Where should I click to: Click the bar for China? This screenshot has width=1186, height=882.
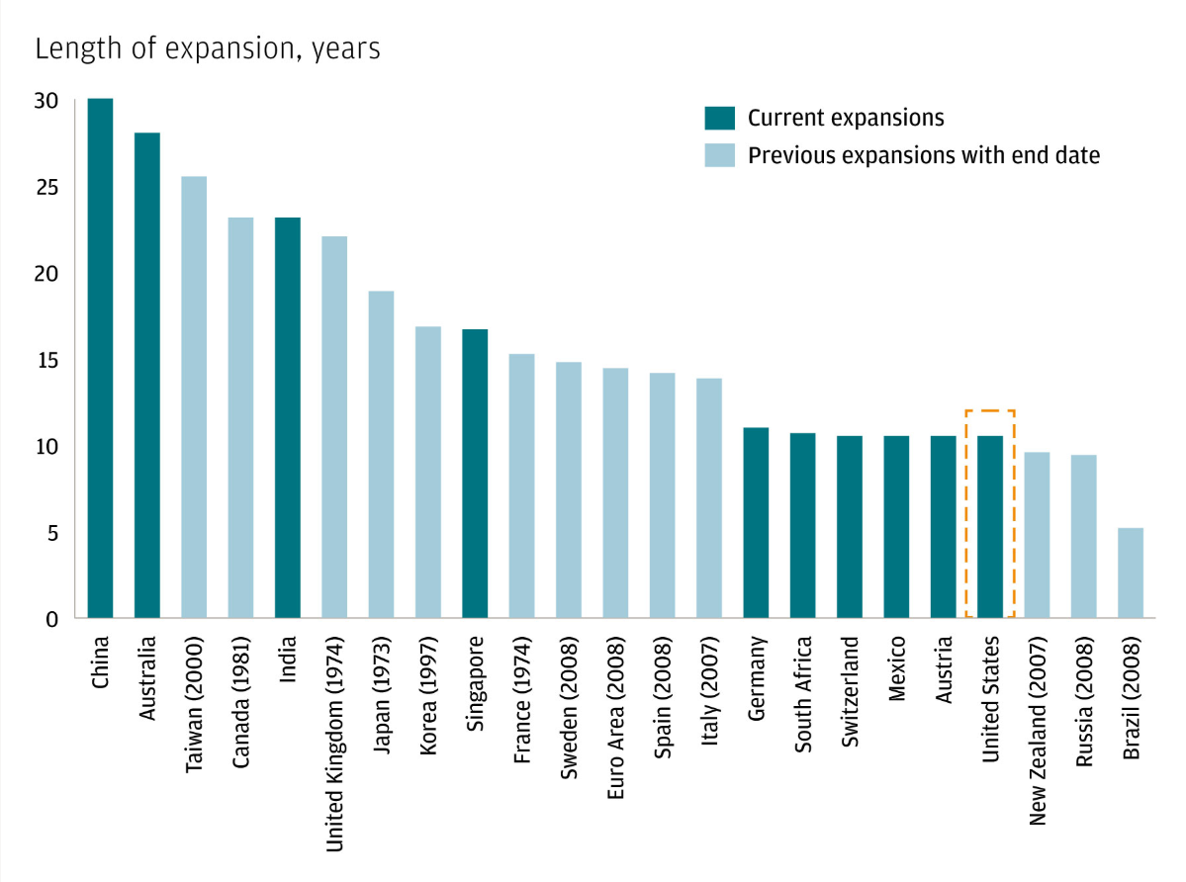(x=100, y=358)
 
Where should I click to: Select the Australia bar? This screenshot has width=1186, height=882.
(x=147, y=375)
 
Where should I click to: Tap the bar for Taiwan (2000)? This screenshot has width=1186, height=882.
(x=194, y=397)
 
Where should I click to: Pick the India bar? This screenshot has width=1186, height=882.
(x=288, y=417)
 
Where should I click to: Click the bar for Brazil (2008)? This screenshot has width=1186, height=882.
(x=1131, y=573)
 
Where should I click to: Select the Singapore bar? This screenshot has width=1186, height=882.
(x=475, y=474)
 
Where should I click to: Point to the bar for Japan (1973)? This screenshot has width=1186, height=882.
(x=382, y=454)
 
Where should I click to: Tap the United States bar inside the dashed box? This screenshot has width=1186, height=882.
(x=990, y=526)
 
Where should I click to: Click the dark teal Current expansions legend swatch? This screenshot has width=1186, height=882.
(x=719, y=119)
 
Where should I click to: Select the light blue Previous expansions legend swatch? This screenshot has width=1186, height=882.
(x=719, y=155)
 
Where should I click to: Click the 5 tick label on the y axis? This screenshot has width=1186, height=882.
(x=51, y=533)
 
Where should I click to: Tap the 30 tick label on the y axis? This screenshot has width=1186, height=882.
(x=46, y=101)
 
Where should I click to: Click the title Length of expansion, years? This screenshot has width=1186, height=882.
(x=208, y=48)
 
